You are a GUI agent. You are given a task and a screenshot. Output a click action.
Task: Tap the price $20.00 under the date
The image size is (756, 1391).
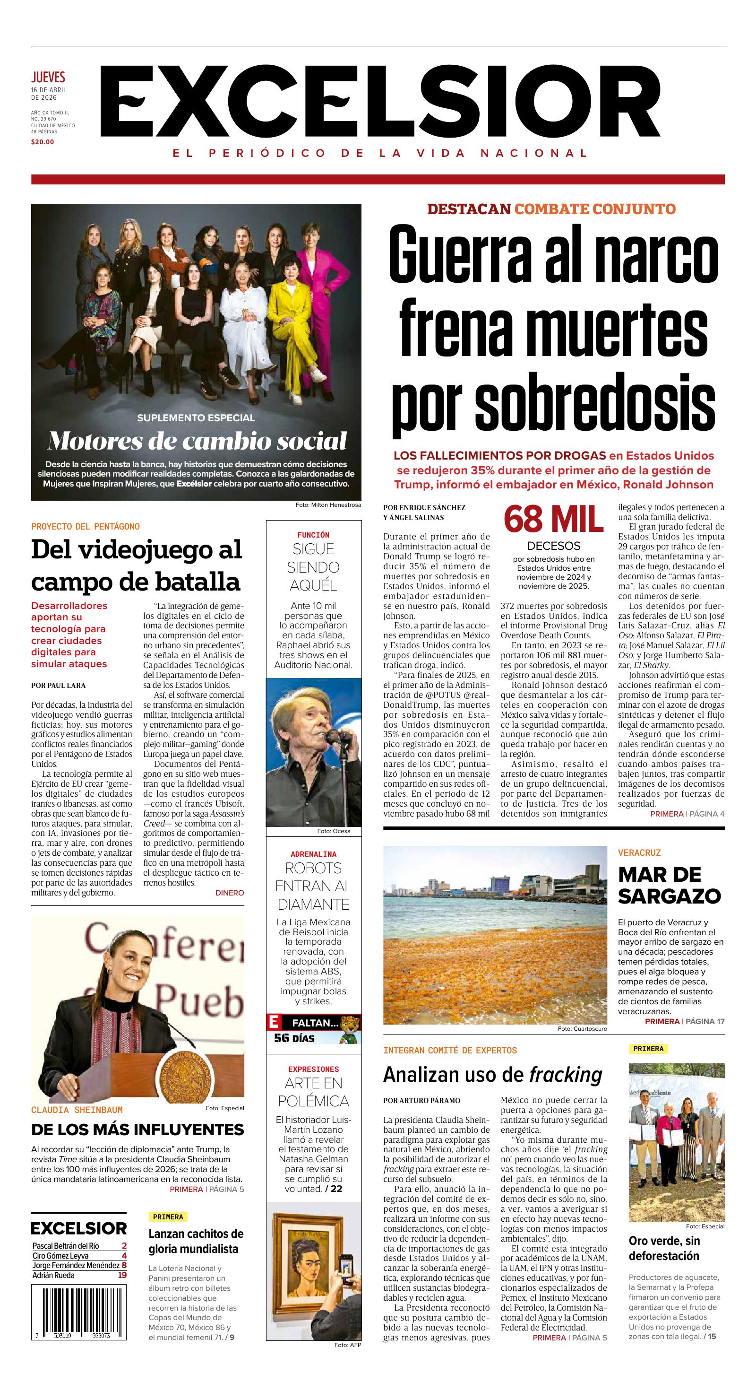[43, 142]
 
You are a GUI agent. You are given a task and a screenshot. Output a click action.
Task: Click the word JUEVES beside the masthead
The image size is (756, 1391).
[48, 77]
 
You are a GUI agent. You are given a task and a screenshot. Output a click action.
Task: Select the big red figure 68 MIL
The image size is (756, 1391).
[553, 520]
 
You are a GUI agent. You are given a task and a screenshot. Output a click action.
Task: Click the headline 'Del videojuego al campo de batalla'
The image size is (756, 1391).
[137, 565]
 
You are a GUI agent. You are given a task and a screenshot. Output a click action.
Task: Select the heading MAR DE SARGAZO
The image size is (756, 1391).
[669, 885]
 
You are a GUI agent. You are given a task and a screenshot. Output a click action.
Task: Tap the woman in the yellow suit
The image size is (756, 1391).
[300, 335]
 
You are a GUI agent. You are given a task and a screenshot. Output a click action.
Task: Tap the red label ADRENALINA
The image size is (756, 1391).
[314, 854]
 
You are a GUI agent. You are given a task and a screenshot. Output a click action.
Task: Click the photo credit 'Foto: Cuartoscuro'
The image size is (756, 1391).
[582, 1029]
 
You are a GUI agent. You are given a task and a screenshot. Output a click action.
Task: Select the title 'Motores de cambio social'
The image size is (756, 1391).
[197, 441]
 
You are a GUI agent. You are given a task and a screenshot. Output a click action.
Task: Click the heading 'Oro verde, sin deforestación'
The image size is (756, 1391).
[664, 1248]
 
